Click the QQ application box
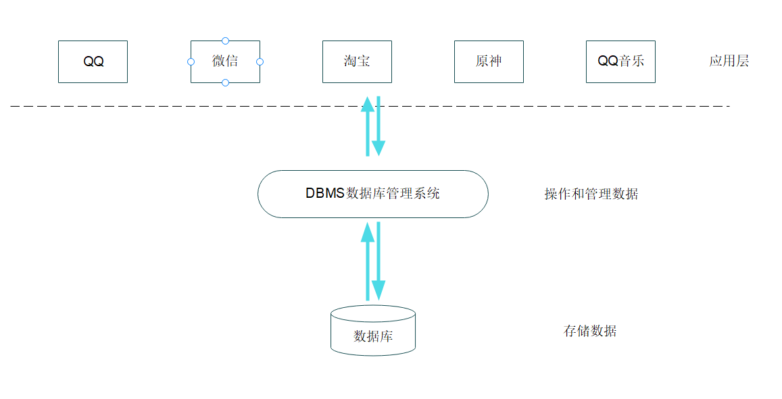click(93, 61)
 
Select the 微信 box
click(225, 61)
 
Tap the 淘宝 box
click(357, 61)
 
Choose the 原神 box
click(489, 61)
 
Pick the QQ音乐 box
click(620, 61)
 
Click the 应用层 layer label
click(729, 61)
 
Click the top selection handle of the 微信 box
click(225, 41)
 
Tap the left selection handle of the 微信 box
click(191, 61)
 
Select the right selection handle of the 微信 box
click(260, 61)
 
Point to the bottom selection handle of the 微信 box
click(225, 82)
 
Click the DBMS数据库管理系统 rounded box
click(372, 194)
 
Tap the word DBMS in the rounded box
click(325, 193)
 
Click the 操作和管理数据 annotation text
click(591, 194)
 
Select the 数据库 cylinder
click(372, 331)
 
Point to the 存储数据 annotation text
click(589, 331)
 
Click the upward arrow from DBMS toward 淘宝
click(368, 128)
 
